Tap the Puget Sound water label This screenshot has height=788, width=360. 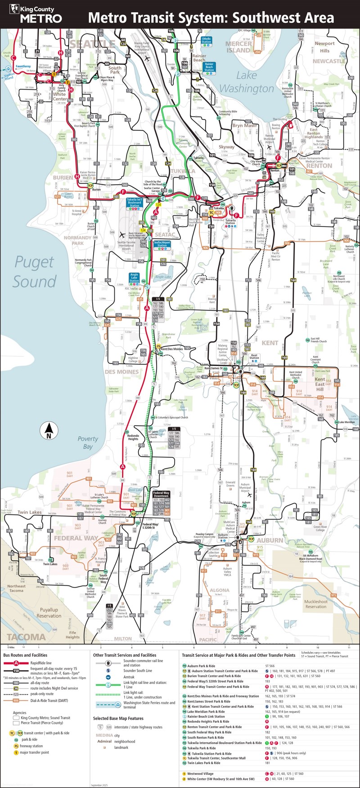pos(34,272)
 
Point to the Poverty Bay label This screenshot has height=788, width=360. pos(88,442)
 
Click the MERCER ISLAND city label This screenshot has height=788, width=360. pos(238,47)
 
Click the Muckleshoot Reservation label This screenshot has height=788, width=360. pos(316,604)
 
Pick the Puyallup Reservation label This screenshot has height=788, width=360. pos(49,612)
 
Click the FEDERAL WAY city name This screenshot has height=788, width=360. pos(76,538)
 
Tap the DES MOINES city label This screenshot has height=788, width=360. pos(121,372)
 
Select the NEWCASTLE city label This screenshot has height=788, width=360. pos(329,61)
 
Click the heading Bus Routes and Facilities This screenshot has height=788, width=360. pos(25,655)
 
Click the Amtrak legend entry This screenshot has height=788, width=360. pos(129,677)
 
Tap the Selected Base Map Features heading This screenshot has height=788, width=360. pos(118,718)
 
